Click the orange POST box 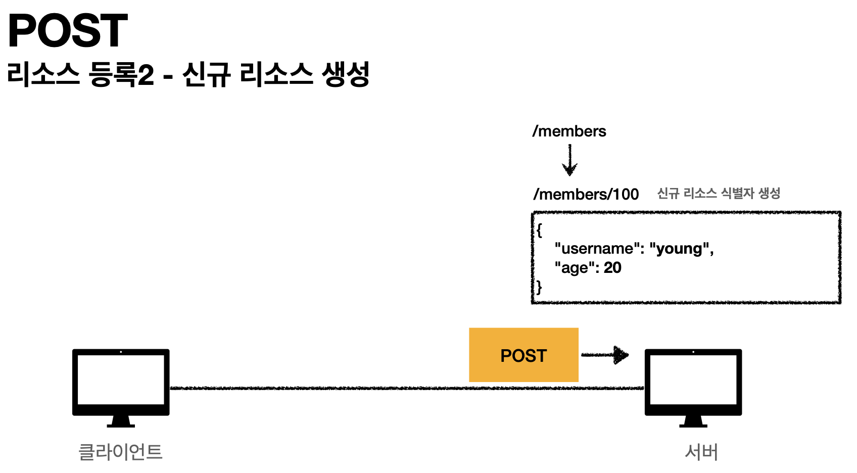(523, 355)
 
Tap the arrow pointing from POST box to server (605, 355)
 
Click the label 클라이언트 (120, 451)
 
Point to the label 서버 (701, 451)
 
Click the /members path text (569, 131)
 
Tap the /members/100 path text (586, 194)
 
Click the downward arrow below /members (569, 160)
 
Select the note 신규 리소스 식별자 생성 (719, 193)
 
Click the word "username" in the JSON (594, 249)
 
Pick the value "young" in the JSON (679, 249)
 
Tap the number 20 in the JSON (612, 268)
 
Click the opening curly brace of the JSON (539, 230)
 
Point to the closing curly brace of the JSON (539, 287)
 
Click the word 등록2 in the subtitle (121, 75)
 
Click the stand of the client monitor (121, 421)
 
